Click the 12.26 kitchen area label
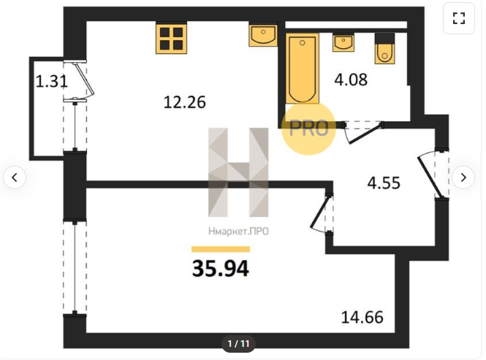point(184,102)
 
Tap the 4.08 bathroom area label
point(351,80)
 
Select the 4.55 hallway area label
point(384,183)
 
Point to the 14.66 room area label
point(362,317)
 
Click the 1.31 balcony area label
point(51,82)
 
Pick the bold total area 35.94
point(221,268)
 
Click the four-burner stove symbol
point(172,38)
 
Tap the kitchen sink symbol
point(263,35)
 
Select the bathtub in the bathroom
point(303,69)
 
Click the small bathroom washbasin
point(343,43)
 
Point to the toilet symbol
point(384,49)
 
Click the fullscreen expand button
point(459,18)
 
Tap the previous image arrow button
point(15,177)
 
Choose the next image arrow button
point(463,177)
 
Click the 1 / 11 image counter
point(238,344)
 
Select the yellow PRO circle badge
point(308,128)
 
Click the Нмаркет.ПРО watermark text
point(238,231)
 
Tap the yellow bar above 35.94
point(221,249)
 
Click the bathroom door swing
point(362,132)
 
